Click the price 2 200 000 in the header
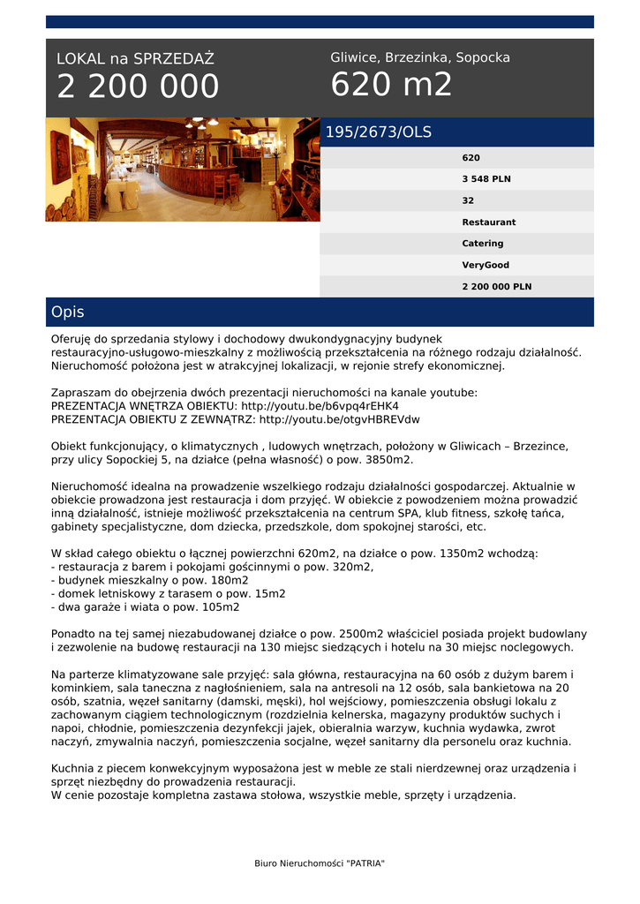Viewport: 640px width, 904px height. point(138,87)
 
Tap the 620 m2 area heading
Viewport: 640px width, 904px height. point(391,85)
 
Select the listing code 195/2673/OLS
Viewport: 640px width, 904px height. point(379,132)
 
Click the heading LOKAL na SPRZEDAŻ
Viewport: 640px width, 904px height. point(135,59)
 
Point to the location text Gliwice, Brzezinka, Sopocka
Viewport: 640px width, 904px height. point(420,57)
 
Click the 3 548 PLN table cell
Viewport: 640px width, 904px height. point(486,179)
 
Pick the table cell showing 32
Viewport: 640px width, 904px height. point(469,200)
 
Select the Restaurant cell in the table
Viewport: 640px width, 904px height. point(489,222)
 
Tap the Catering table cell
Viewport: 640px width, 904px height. point(483,244)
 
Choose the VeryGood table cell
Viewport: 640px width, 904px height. point(486,265)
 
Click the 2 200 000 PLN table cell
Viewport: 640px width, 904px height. point(497,287)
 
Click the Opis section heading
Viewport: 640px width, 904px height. point(68,313)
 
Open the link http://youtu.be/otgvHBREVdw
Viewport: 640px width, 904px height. point(339,419)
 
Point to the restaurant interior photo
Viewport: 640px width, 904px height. point(183,169)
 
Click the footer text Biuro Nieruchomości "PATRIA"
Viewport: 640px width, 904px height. point(320,863)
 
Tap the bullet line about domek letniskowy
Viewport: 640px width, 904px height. point(169,594)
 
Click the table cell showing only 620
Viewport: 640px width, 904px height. point(471,158)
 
